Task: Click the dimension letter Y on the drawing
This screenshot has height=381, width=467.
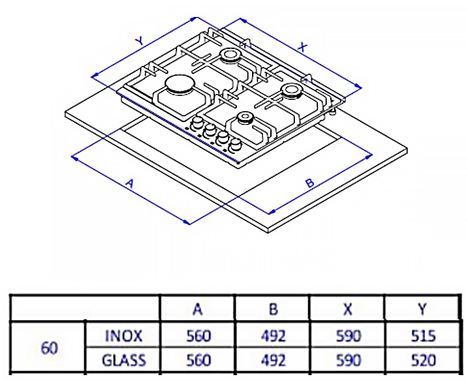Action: click(x=139, y=40)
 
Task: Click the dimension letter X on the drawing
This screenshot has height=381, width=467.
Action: click(x=302, y=46)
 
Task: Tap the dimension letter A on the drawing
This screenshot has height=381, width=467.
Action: click(x=130, y=184)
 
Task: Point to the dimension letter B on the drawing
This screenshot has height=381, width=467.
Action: click(x=310, y=183)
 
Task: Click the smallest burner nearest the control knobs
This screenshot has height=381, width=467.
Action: click(x=245, y=117)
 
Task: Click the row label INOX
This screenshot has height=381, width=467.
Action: click(x=123, y=336)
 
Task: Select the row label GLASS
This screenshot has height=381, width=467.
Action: click(x=123, y=359)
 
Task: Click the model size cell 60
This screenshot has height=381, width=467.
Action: click(x=50, y=348)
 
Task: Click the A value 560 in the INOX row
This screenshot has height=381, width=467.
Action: click(x=198, y=336)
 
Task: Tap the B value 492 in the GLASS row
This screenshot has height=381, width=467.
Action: click(x=273, y=359)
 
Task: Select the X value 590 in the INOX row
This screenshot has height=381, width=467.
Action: click(x=348, y=336)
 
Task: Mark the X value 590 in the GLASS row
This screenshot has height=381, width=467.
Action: click(x=348, y=359)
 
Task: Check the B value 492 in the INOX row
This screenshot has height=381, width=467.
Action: click(x=273, y=336)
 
